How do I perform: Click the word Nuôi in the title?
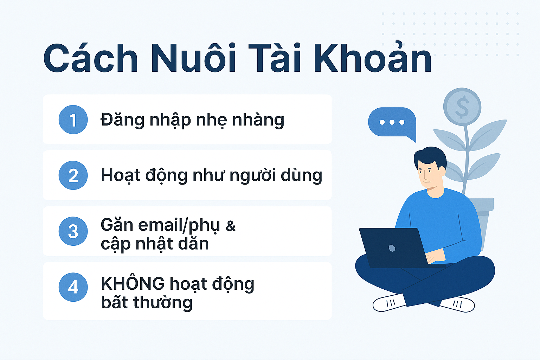[193, 58]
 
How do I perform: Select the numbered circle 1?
[73, 120]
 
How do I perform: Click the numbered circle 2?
[73, 175]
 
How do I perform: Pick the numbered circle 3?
[73, 231]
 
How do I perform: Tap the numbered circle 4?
[73, 287]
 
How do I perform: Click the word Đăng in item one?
[122, 120]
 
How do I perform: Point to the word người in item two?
[253, 175]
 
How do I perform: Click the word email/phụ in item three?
[179, 226]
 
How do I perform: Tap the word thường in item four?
[163, 302]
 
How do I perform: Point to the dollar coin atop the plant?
[462, 107]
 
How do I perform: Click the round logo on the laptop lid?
[392, 248]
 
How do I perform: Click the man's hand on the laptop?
[435, 257]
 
